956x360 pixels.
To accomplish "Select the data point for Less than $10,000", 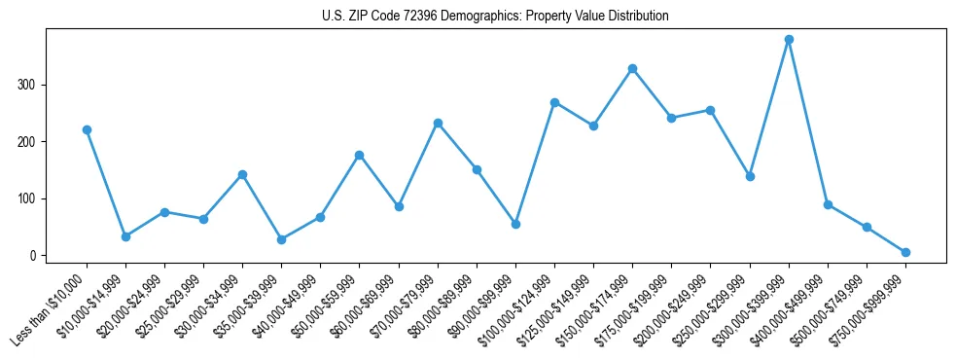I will click(87, 129).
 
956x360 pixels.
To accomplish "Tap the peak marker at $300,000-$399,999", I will click(789, 40).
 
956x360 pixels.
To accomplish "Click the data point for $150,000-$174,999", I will click(632, 68).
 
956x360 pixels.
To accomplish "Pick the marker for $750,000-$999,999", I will click(905, 252).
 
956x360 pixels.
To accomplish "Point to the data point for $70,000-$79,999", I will click(438, 123).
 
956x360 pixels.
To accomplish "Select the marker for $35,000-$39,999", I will click(281, 239).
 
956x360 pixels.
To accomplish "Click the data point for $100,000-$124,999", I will click(554, 102).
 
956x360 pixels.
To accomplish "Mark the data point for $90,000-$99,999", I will click(515, 224).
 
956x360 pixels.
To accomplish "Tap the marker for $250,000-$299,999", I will click(750, 176).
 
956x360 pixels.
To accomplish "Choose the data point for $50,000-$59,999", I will click(359, 155).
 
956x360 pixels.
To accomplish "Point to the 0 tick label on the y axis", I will click(33, 256).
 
